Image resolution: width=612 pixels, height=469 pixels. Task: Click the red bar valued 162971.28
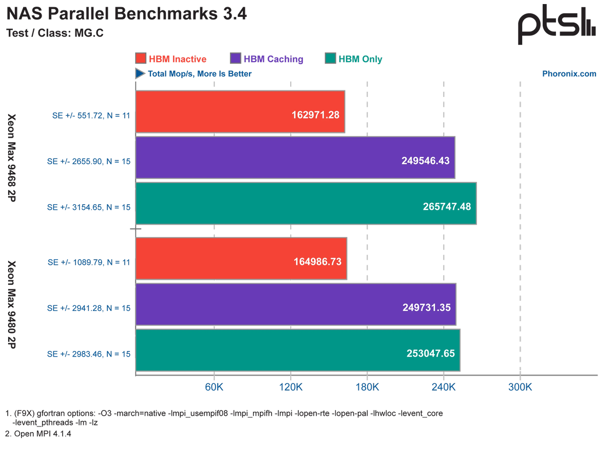click(240, 112)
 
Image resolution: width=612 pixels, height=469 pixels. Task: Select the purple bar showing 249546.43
click(295, 158)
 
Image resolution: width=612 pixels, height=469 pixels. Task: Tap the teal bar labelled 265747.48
click(306, 203)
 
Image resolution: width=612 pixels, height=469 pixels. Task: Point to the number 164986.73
click(318, 262)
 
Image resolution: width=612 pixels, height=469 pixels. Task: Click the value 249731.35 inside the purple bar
click(426, 307)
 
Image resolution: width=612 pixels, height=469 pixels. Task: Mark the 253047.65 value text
click(431, 354)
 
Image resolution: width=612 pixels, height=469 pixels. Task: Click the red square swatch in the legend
click(141, 58)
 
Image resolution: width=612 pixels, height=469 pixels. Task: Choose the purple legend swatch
click(236, 58)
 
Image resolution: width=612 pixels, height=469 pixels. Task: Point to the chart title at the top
click(126, 14)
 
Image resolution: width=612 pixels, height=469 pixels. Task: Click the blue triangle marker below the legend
click(139, 74)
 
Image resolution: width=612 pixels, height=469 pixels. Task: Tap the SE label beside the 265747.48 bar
click(90, 207)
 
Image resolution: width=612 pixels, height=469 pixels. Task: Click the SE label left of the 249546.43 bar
click(89, 161)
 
